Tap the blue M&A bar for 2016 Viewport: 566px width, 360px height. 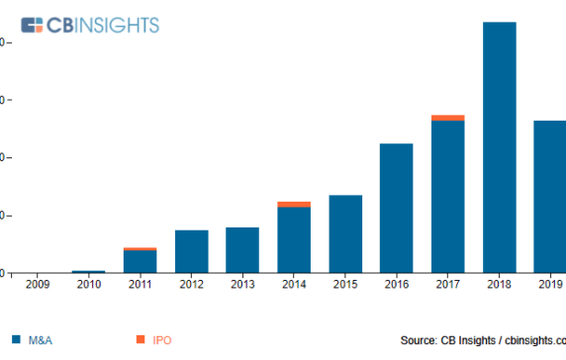point(397,208)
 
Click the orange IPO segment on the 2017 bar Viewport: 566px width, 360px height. point(448,118)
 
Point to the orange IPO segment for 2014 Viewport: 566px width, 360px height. point(294,205)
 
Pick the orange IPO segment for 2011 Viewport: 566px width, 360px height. point(141,249)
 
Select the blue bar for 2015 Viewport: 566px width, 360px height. point(345,233)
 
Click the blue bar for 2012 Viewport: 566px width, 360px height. point(192,251)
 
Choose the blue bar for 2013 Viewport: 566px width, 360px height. point(242,249)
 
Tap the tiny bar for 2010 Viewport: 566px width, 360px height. point(89,271)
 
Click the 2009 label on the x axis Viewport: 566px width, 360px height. point(38,286)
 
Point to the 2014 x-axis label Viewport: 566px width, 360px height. point(294,286)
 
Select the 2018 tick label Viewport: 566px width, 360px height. point(500,286)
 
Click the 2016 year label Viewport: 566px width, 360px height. point(397,286)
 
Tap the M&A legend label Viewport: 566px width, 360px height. point(41,341)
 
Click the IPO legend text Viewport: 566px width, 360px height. point(162,341)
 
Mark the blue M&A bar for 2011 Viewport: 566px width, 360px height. point(141,261)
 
